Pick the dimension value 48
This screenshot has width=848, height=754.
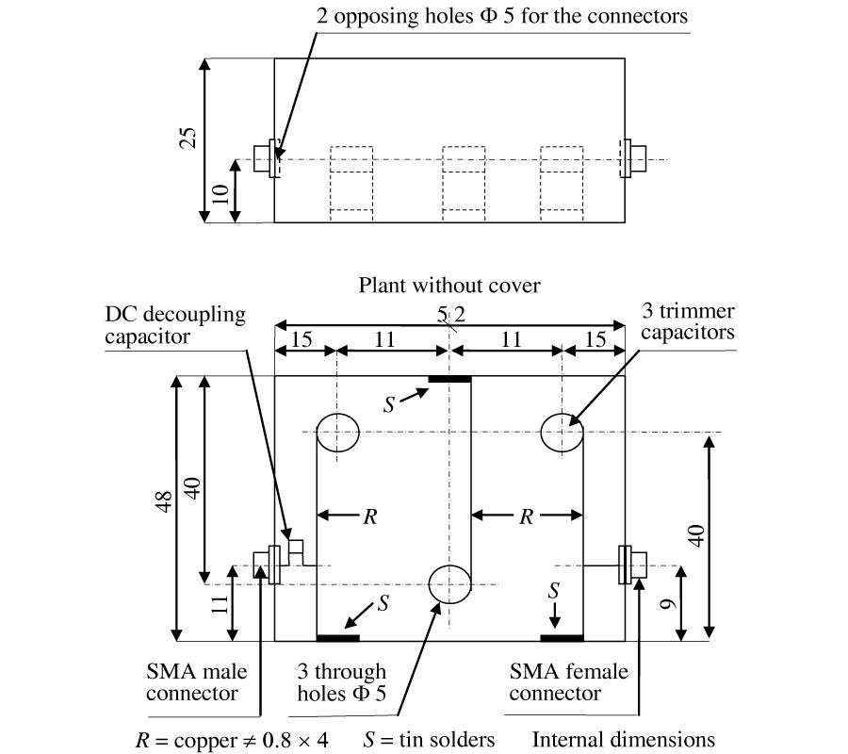pyautogui.click(x=160, y=509)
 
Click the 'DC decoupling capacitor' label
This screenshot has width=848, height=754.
pyautogui.click(x=175, y=324)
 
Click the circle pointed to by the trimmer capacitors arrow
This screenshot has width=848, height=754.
pyautogui.click(x=563, y=433)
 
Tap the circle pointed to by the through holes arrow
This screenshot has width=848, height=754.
pyautogui.click(x=449, y=583)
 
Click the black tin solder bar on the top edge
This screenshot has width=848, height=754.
pyautogui.click(x=449, y=379)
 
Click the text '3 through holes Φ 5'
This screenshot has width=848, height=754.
pyautogui.click(x=342, y=682)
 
